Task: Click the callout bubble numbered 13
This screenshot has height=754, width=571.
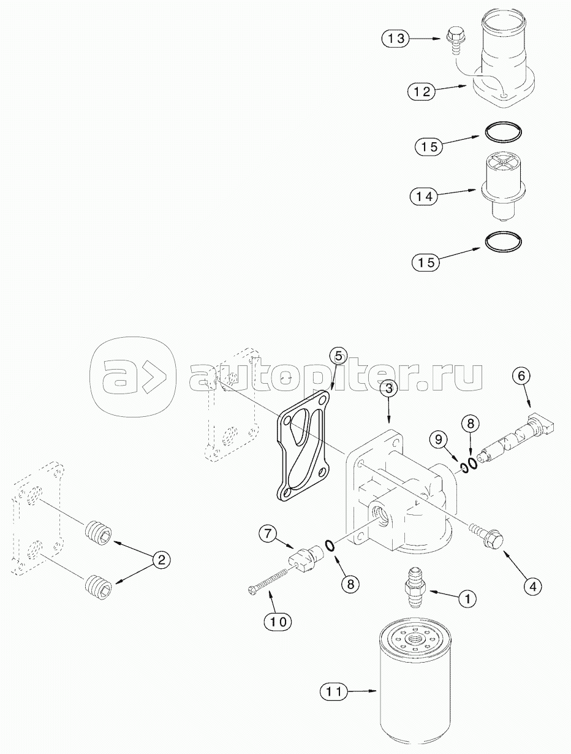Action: pyautogui.click(x=396, y=39)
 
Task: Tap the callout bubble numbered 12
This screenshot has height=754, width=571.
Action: pyautogui.click(x=422, y=92)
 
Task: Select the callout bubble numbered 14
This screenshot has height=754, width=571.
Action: pyautogui.click(x=424, y=197)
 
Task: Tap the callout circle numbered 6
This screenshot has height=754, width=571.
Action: pyautogui.click(x=521, y=376)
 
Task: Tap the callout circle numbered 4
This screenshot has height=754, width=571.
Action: pyautogui.click(x=532, y=587)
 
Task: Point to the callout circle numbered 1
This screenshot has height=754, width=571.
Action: pyautogui.click(x=467, y=599)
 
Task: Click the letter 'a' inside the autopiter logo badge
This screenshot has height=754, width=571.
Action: pyautogui.click(x=118, y=376)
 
